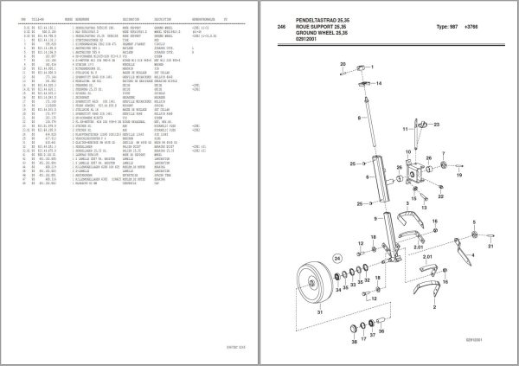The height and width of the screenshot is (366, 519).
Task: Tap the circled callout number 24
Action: tap(337, 256)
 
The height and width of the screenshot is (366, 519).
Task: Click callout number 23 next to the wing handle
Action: tap(437, 126)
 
